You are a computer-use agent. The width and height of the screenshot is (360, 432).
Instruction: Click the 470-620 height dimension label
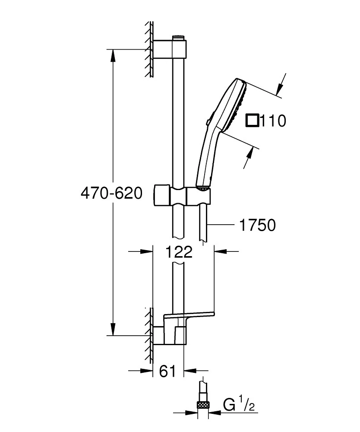(111, 194)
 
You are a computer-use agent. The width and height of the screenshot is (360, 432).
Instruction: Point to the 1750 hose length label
(257, 225)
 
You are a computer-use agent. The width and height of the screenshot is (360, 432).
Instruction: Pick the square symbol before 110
(252, 121)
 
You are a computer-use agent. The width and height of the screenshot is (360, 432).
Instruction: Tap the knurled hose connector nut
(203, 405)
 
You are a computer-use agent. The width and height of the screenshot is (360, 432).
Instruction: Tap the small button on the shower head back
(208, 123)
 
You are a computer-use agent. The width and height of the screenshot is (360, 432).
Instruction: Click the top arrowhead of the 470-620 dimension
(113, 54)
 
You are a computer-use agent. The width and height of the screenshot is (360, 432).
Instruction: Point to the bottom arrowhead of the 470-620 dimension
(113, 330)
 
